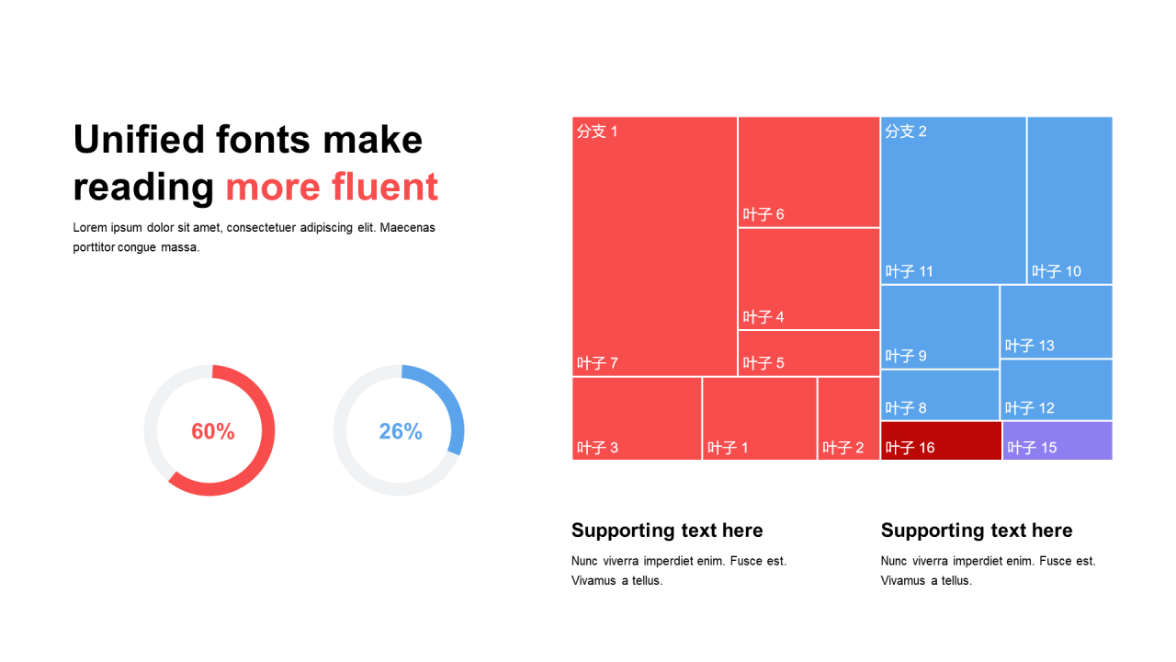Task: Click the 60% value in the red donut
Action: pos(212,431)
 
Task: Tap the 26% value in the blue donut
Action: pos(401,431)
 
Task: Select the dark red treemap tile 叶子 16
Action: pos(941,440)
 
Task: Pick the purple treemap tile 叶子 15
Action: pos(1057,440)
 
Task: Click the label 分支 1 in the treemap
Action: pos(597,131)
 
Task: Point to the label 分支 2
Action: pos(906,131)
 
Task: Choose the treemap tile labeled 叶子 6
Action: pos(809,172)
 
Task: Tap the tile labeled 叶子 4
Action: pos(809,279)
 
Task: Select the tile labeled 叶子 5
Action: pos(809,353)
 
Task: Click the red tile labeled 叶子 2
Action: pos(848,418)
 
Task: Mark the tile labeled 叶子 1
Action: pos(760,418)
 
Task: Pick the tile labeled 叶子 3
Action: pos(637,418)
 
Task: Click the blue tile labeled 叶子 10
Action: pos(1070,200)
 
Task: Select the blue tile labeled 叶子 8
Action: pos(940,395)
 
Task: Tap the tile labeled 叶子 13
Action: pos(1057,322)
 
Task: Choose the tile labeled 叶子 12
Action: pos(1057,390)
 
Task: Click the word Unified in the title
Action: pos(139,140)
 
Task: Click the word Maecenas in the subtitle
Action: pos(407,227)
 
